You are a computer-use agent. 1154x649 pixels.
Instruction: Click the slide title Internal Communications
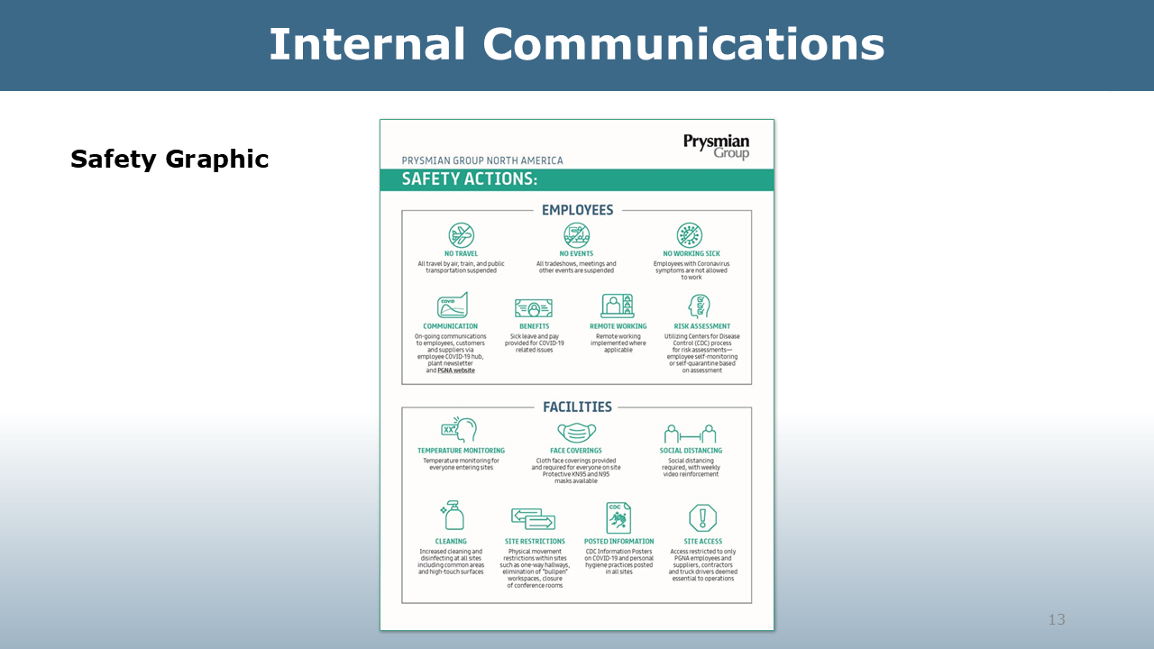(x=577, y=44)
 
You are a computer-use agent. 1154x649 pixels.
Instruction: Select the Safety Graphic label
(x=169, y=160)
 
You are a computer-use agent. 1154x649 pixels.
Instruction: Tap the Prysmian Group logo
(x=716, y=146)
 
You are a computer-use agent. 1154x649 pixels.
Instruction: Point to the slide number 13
(x=1057, y=619)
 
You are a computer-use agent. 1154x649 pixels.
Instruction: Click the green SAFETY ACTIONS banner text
(x=469, y=179)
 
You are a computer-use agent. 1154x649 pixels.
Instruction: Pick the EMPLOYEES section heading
(x=577, y=210)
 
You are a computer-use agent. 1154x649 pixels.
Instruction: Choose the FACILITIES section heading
(x=577, y=407)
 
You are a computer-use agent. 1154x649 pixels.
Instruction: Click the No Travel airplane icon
(x=462, y=235)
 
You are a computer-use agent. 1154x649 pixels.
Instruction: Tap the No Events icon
(x=577, y=235)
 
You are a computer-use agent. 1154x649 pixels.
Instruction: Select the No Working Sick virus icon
(x=691, y=235)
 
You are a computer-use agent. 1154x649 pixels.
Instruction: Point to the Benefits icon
(x=534, y=308)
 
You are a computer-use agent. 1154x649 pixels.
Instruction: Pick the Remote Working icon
(x=618, y=306)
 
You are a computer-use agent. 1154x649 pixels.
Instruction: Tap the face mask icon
(x=577, y=432)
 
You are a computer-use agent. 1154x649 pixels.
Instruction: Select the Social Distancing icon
(x=691, y=434)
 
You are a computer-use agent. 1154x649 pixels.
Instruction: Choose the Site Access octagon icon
(x=702, y=518)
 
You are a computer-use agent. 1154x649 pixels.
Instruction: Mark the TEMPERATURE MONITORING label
(x=461, y=451)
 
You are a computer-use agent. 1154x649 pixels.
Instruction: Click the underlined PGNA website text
(x=455, y=370)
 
